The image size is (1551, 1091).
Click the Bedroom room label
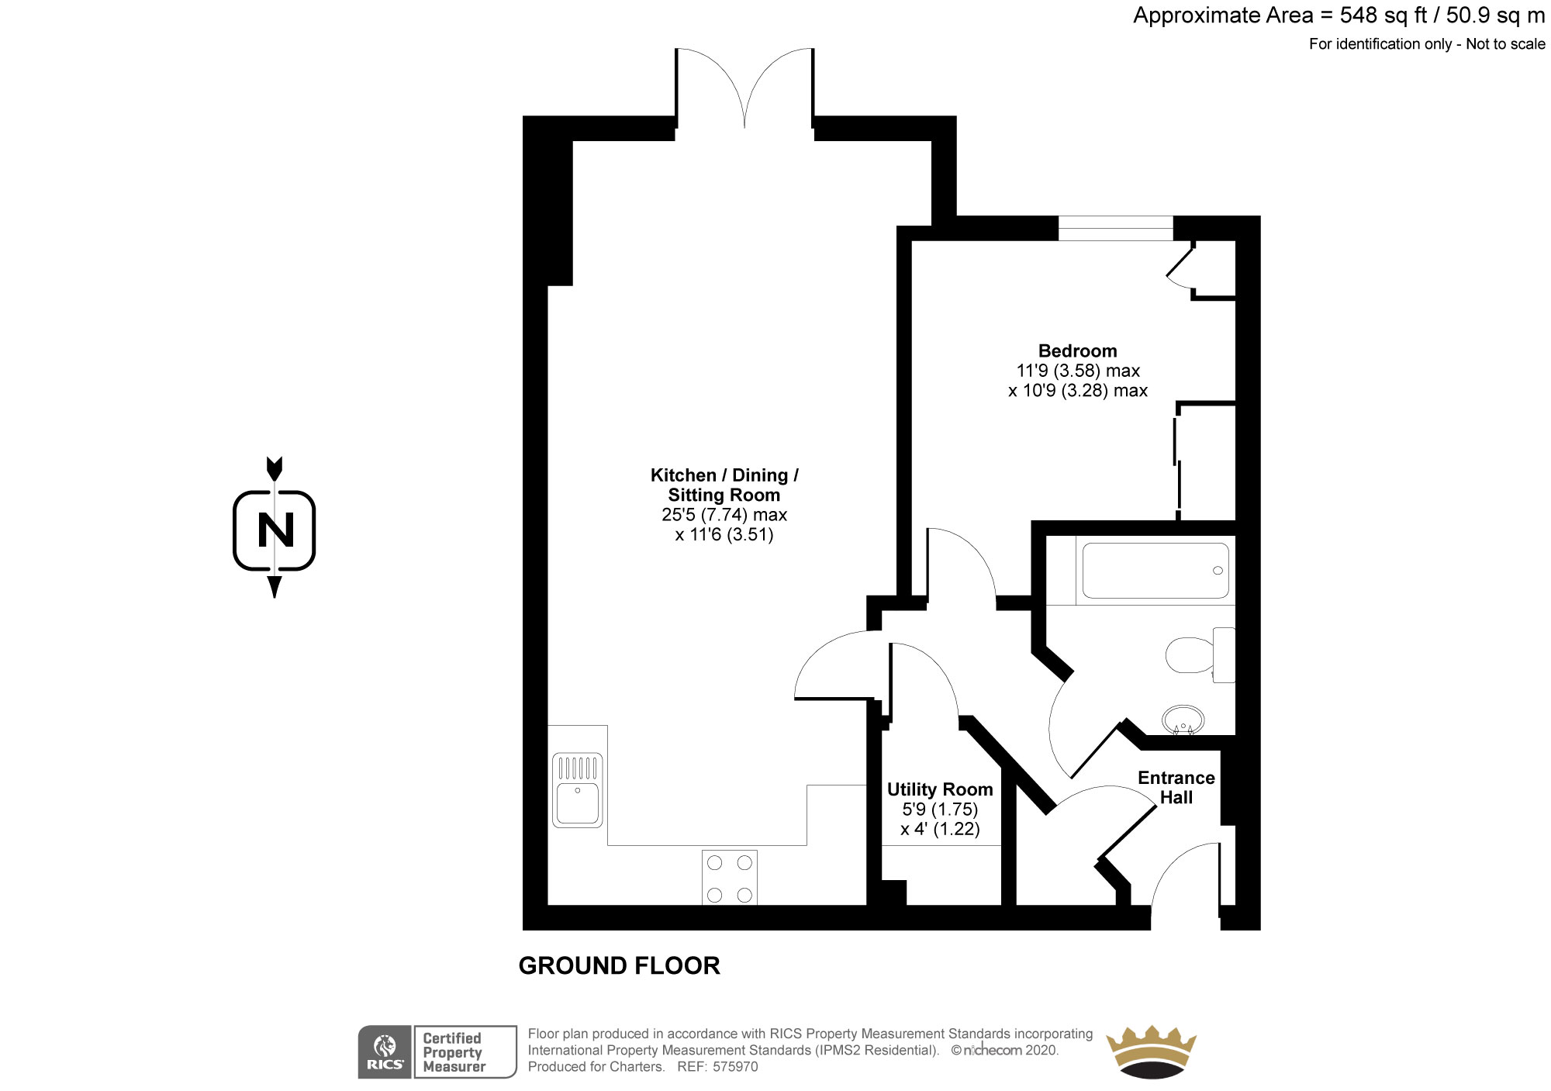(x=1078, y=350)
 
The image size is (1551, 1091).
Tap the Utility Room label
(x=940, y=789)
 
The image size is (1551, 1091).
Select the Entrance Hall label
(x=1176, y=787)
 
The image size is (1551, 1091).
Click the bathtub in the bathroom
(x=1155, y=571)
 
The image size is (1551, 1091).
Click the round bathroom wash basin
(x=1183, y=719)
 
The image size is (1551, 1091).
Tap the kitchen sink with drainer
(x=578, y=790)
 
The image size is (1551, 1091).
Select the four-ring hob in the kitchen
(x=730, y=878)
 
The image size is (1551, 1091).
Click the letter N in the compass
(x=275, y=530)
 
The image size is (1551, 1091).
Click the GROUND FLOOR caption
(x=619, y=965)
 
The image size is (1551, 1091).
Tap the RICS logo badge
(x=385, y=1051)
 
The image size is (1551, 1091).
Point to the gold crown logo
(x=1150, y=1051)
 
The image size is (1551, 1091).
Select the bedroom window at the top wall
(x=1116, y=228)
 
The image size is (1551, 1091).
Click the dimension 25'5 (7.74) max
(x=724, y=515)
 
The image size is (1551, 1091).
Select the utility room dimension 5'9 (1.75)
(x=940, y=810)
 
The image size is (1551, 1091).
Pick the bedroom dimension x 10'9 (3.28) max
(x=1078, y=391)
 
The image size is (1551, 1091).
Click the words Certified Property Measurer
(x=454, y=1052)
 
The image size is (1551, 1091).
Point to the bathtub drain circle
(x=1218, y=571)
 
